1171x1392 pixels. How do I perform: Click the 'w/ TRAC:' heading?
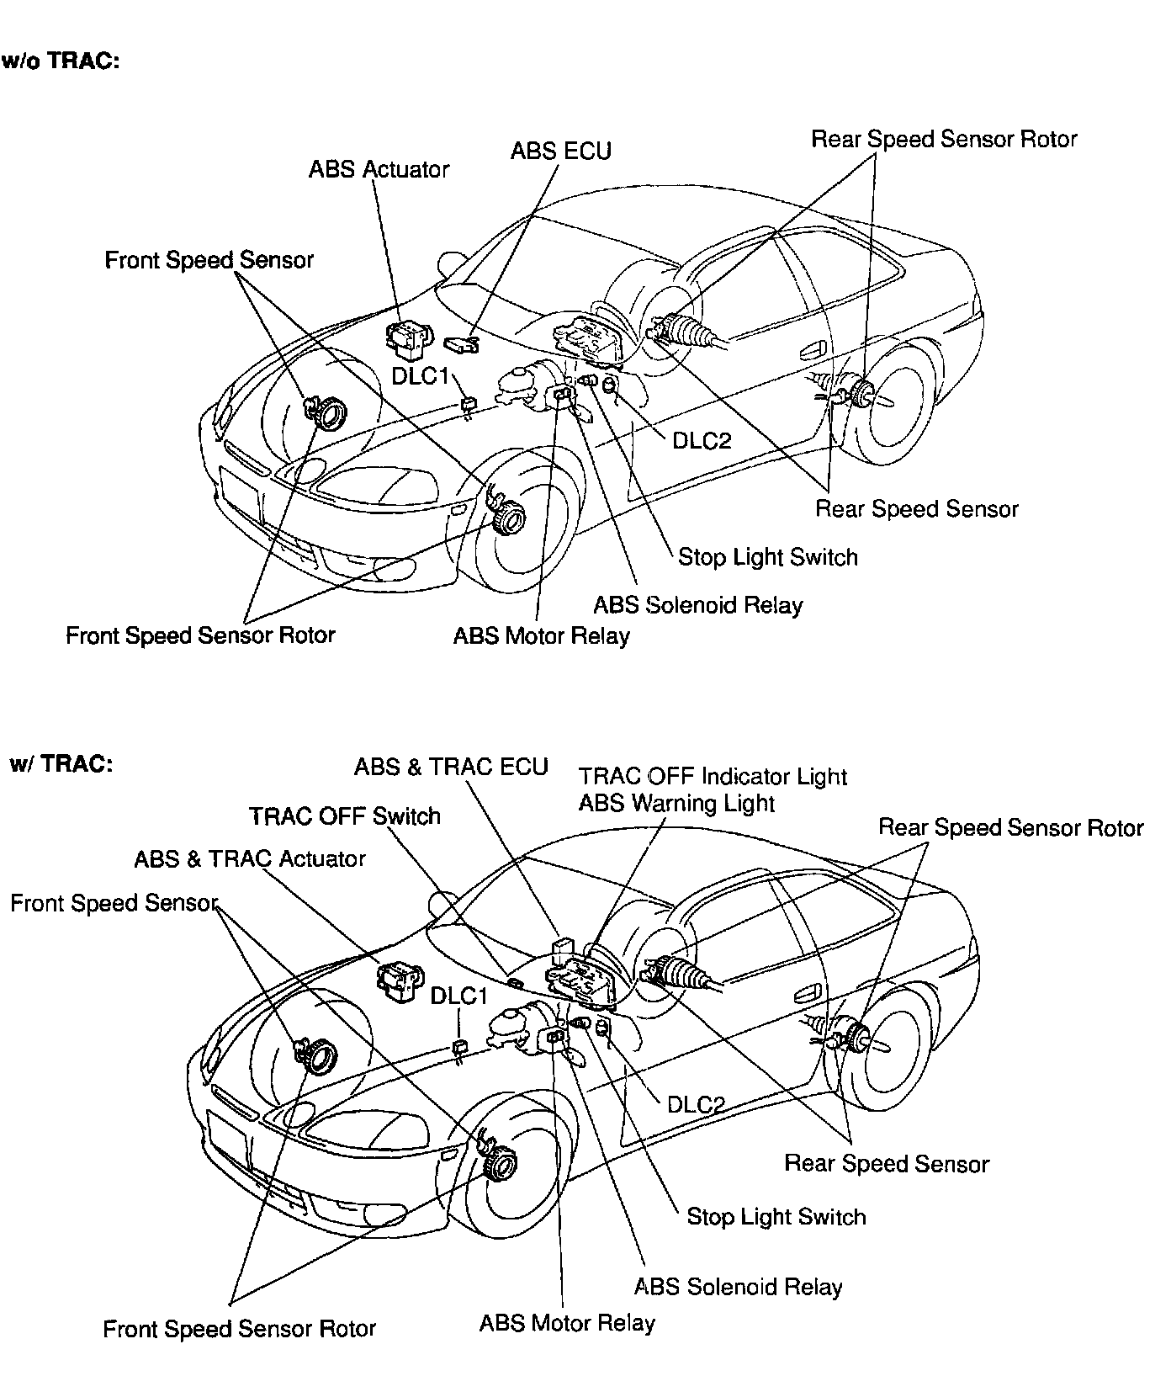pyautogui.click(x=61, y=763)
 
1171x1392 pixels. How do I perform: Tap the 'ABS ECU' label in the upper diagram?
pyautogui.click(x=561, y=151)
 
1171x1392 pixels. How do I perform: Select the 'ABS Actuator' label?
pyautogui.click(x=379, y=169)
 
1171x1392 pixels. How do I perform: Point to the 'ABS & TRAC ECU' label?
pyautogui.click(x=451, y=767)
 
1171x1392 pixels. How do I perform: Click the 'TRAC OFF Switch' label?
pyautogui.click(x=345, y=816)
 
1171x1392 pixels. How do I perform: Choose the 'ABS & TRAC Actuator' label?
pyautogui.click(x=250, y=858)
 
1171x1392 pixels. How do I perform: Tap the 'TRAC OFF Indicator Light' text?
pyautogui.click(x=713, y=776)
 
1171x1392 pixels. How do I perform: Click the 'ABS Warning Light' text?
pyautogui.click(x=676, y=803)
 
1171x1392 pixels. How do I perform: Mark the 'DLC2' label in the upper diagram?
pyautogui.click(x=702, y=440)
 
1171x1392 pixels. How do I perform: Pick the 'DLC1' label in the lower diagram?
pyautogui.click(x=459, y=996)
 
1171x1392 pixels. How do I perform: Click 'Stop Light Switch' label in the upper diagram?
pyautogui.click(x=768, y=557)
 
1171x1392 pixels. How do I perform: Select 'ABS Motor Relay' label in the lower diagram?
pyautogui.click(x=567, y=1323)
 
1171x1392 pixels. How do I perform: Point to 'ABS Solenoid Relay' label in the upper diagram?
pyautogui.click(x=698, y=605)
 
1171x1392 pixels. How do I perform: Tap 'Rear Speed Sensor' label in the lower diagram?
pyautogui.click(x=887, y=1164)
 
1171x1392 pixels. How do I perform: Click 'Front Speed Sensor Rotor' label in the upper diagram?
pyautogui.click(x=200, y=635)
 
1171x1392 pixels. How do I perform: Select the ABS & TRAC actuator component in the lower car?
pyautogui.click(x=399, y=979)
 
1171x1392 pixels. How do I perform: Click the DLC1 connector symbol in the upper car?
pyautogui.click(x=469, y=403)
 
